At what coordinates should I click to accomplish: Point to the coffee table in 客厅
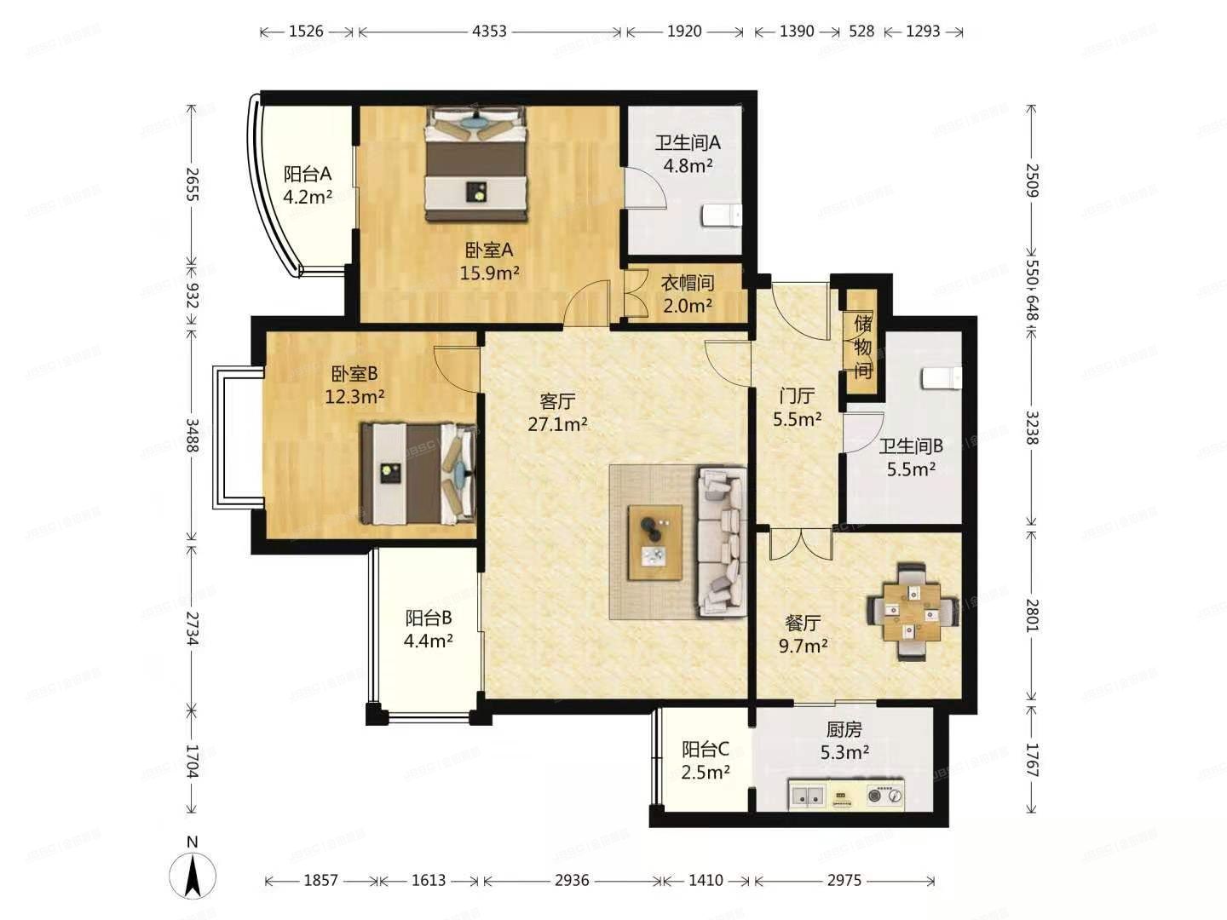tap(654, 543)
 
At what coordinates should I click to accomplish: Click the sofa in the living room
tap(723, 541)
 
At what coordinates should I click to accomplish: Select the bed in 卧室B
tap(418, 474)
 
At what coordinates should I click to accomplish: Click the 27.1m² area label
tap(557, 423)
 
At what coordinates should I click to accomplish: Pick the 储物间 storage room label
tap(862, 347)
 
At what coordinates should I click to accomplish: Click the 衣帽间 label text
tap(688, 283)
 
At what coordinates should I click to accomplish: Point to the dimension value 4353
tap(489, 32)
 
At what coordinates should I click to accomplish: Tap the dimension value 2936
tap(571, 880)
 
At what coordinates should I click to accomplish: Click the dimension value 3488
tap(193, 437)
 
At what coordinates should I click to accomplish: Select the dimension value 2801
tap(1032, 614)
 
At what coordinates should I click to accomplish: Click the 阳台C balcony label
tap(705, 750)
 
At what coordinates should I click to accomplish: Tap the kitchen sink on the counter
tap(806, 796)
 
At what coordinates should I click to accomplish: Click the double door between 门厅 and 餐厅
tap(800, 543)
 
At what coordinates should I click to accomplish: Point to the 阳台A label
tap(308, 175)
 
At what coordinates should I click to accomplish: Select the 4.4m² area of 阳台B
tap(428, 641)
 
